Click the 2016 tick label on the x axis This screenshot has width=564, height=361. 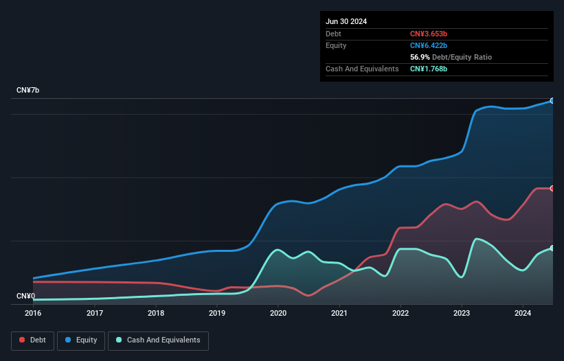(x=33, y=314)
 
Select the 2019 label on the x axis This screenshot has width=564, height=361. (x=217, y=314)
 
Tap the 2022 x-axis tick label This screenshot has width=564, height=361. (x=401, y=314)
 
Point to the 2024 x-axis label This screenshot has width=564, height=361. (x=523, y=314)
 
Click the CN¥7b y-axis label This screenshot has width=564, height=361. (x=28, y=91)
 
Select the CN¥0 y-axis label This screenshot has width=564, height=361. (x=25, y=296)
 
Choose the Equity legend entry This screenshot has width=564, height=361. (x=81, y=340)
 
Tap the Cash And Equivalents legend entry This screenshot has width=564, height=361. (x=158, y=340)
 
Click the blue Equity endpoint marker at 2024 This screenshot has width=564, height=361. (x=552, y=101)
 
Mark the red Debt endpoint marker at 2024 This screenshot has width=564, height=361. (x=552, y=188)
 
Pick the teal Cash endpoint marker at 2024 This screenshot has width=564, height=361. (x=552, y=248)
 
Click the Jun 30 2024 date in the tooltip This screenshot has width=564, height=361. (x=346, y=21)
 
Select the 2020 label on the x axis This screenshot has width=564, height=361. (x=278, y=314)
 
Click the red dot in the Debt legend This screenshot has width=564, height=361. (x=23, y=340)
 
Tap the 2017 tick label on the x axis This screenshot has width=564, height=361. (x=95, y=314)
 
